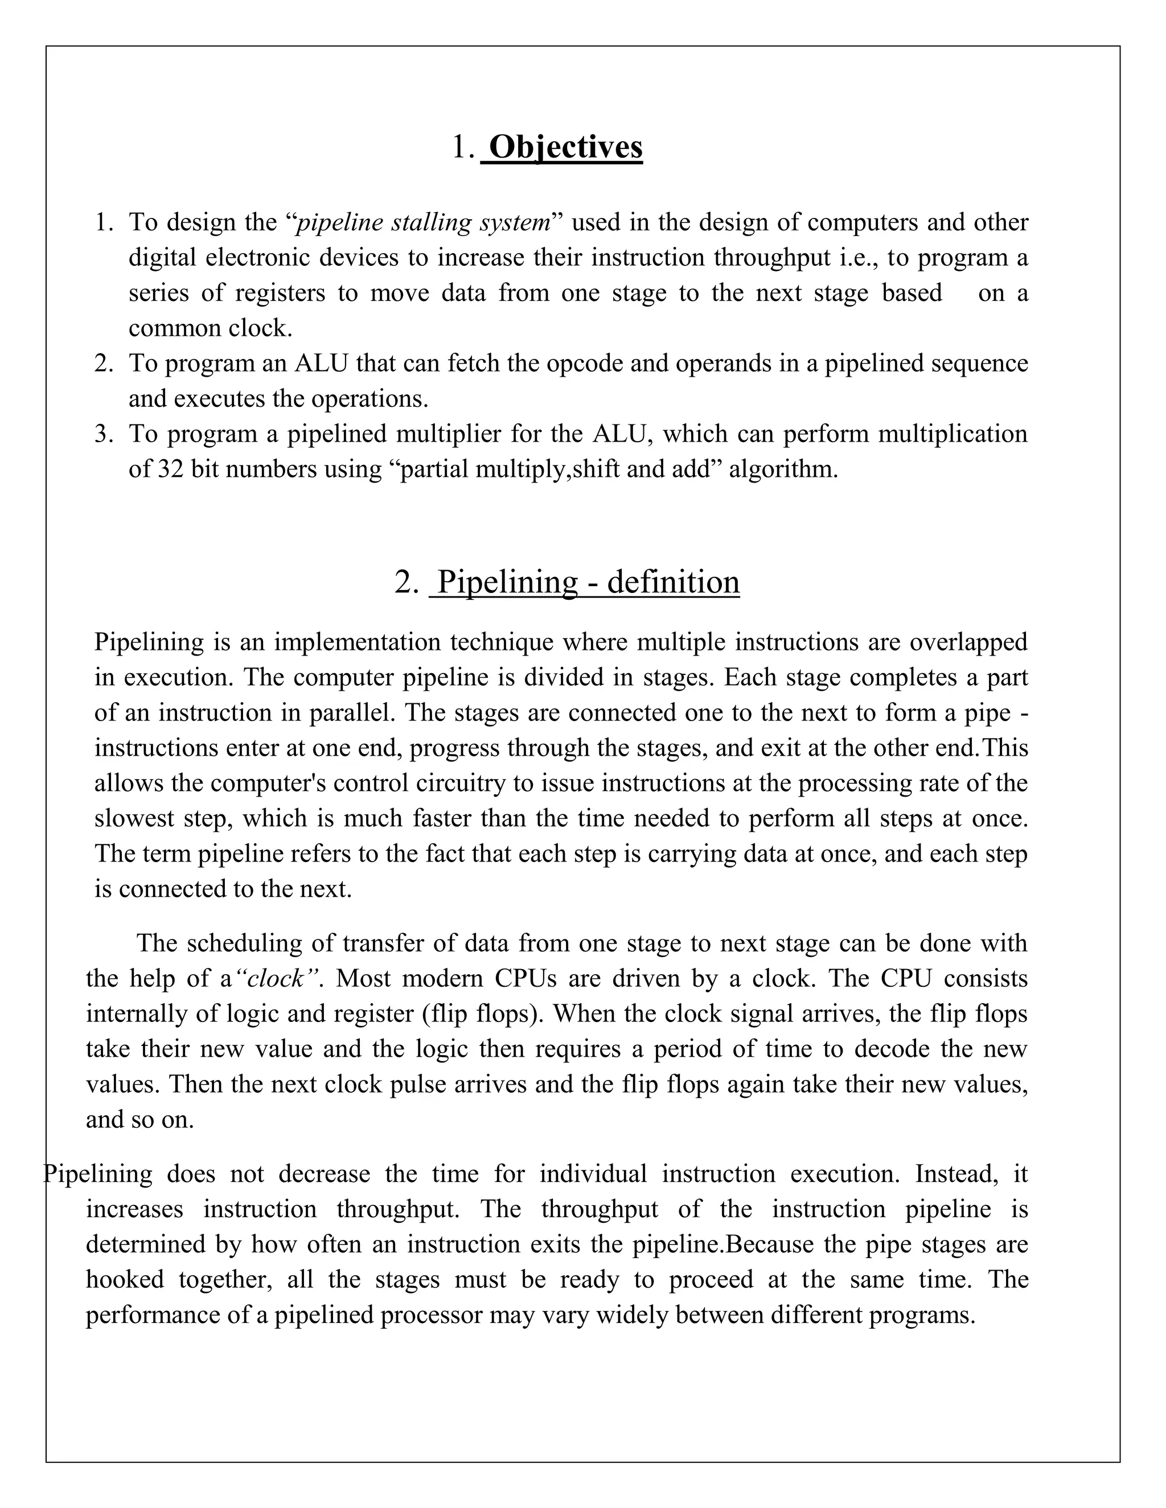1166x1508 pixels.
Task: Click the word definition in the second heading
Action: tap(673, 582)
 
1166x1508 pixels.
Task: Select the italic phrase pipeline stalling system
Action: tap(424, 223)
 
